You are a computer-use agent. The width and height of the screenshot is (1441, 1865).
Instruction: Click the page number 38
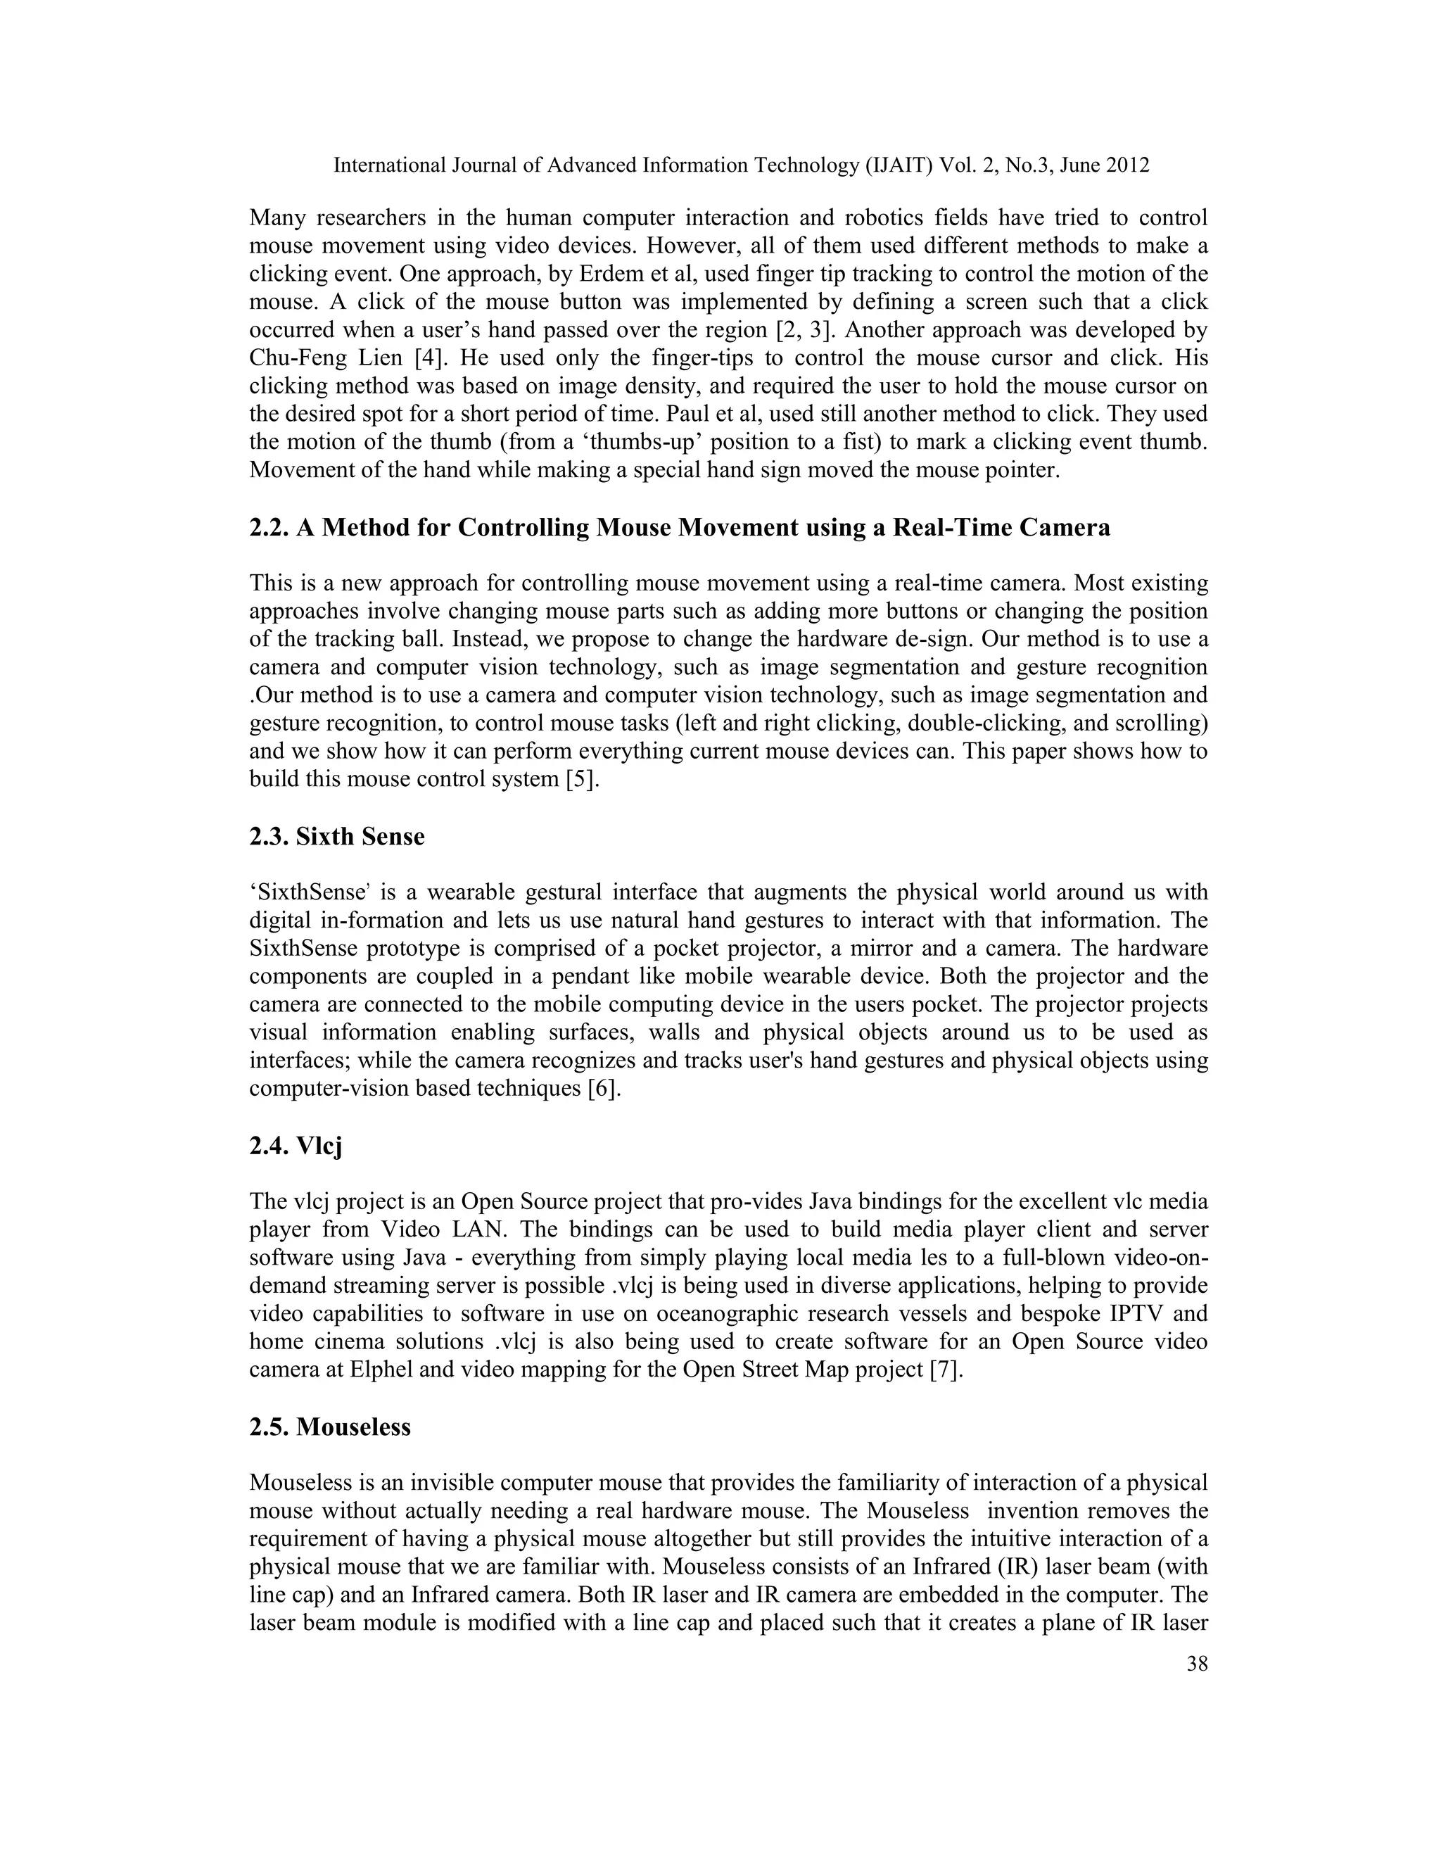pos(1197,1664)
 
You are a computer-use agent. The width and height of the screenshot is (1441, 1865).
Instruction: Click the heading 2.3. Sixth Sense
pos(336,836)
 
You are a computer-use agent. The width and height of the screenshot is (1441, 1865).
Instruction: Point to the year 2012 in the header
pos(1128,165)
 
